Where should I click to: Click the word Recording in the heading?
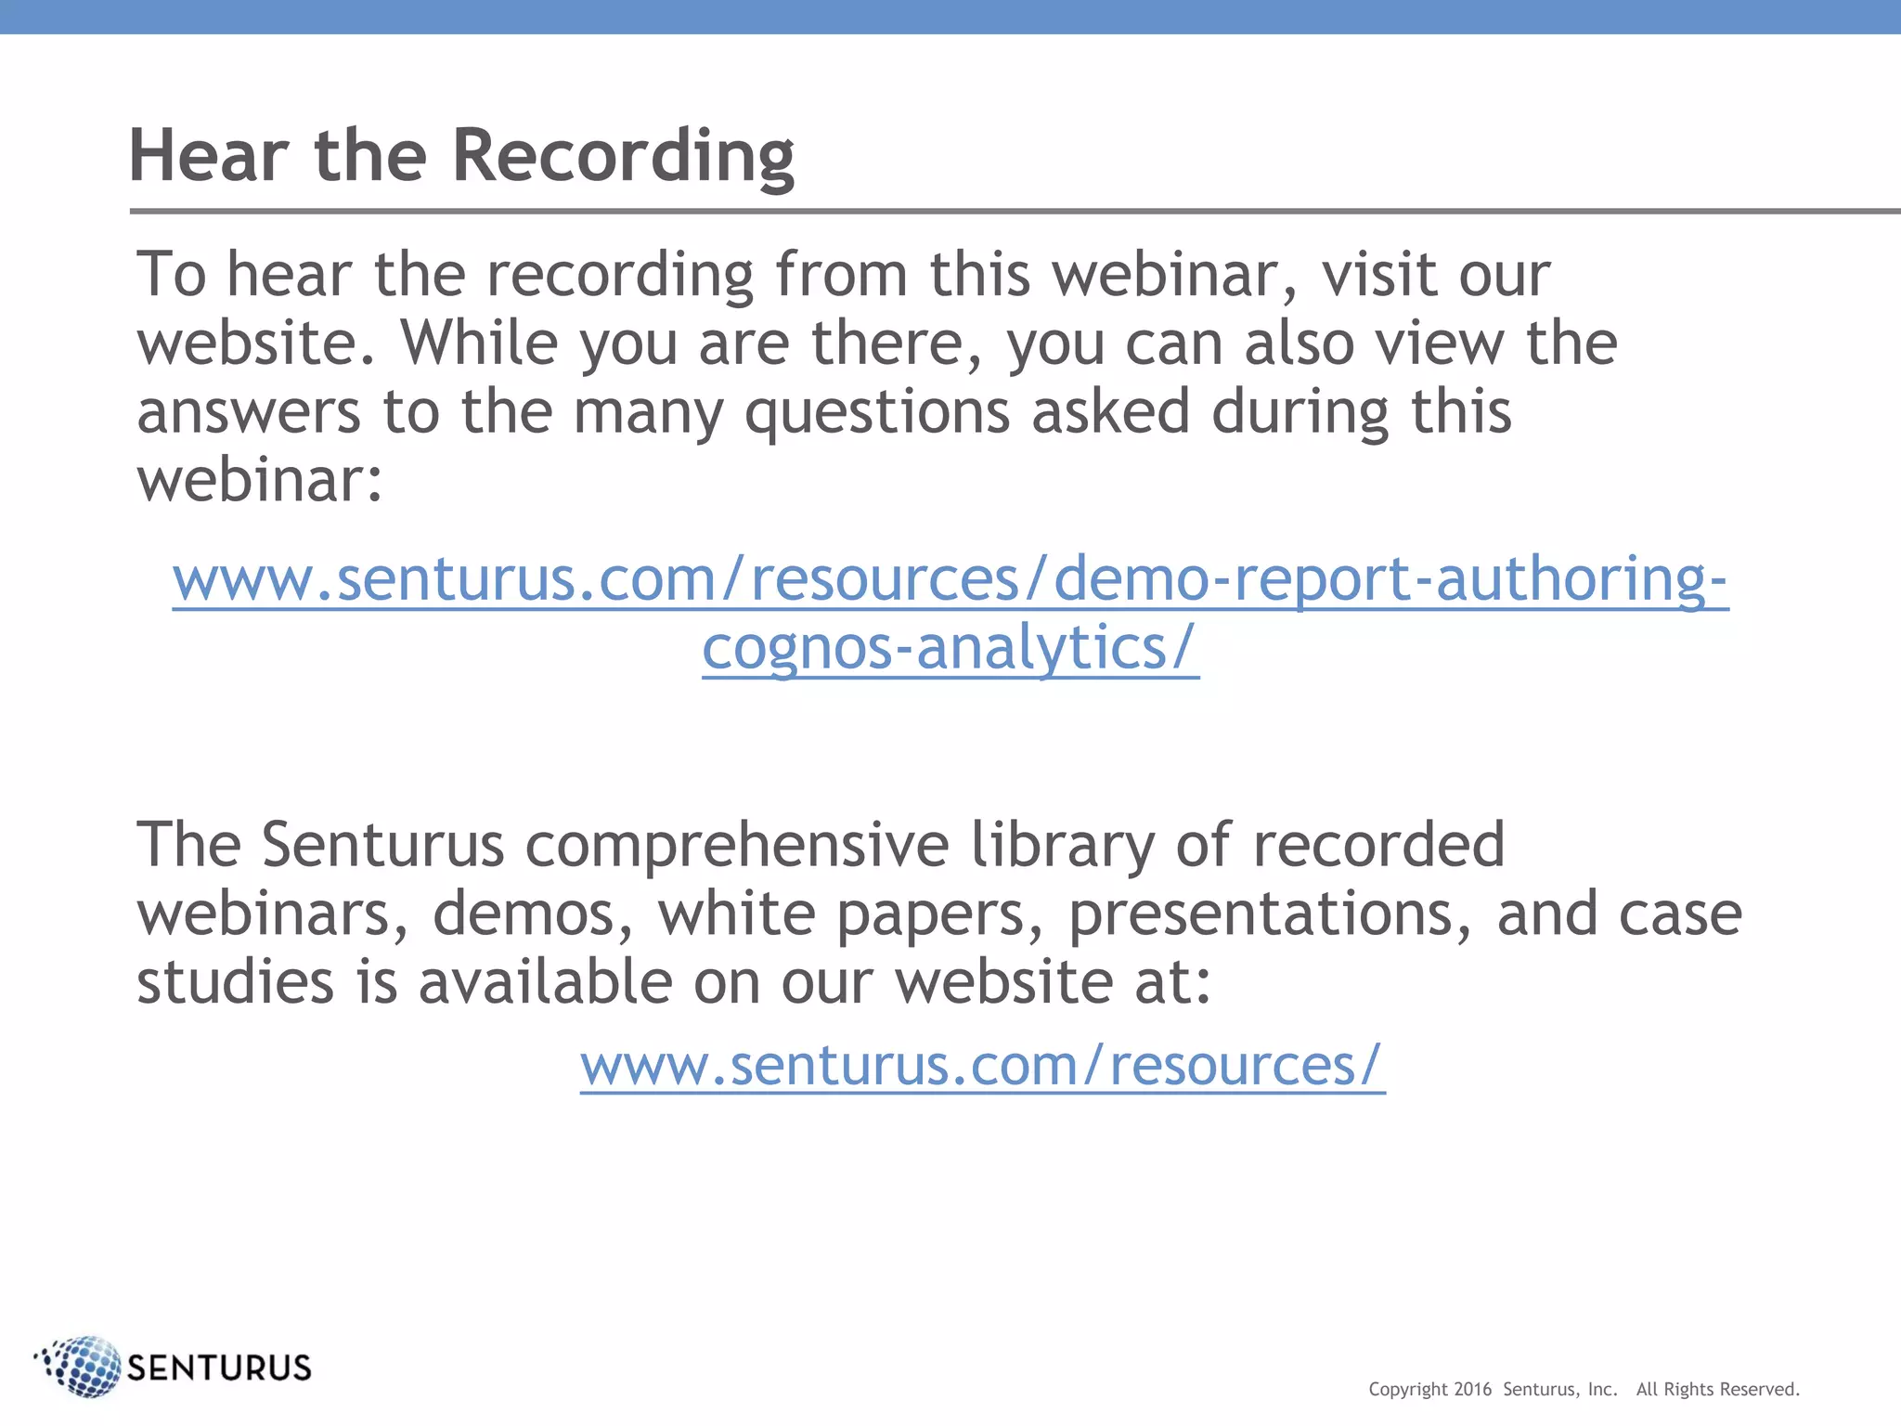tap(623, 156)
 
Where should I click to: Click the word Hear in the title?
tap(208, 156)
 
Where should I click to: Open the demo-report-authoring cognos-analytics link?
tap(950, 579)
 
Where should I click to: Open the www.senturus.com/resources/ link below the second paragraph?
tap(982, 1065)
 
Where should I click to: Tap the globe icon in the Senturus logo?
tap(82, 1366)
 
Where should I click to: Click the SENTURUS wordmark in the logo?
tap(219, 1368)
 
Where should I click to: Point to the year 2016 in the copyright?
tap(1472, 1390)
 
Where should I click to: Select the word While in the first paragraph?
tap(479, 344)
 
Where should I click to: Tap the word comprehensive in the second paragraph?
tap(737, 845)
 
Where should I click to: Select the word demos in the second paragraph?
tap(534, 914)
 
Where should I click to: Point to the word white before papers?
tap(736, 914)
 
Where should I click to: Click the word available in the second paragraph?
tap(545, 982)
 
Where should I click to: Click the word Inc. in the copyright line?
tap(1602, 1390)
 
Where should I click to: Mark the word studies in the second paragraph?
tap(235, 982)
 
